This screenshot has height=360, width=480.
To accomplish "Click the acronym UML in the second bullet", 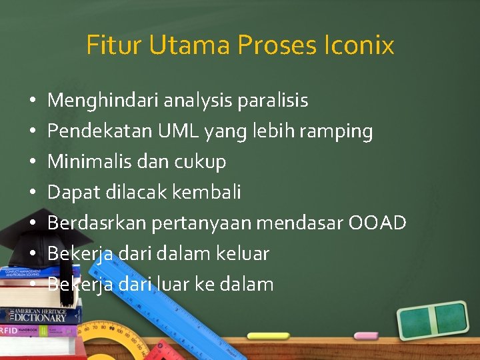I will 178,131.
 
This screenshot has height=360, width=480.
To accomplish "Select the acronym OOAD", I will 377,223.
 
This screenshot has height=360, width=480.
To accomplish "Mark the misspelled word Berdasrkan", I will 97,223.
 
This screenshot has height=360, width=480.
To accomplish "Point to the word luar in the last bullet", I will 173,284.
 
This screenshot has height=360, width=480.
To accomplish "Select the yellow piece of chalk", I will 269,336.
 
